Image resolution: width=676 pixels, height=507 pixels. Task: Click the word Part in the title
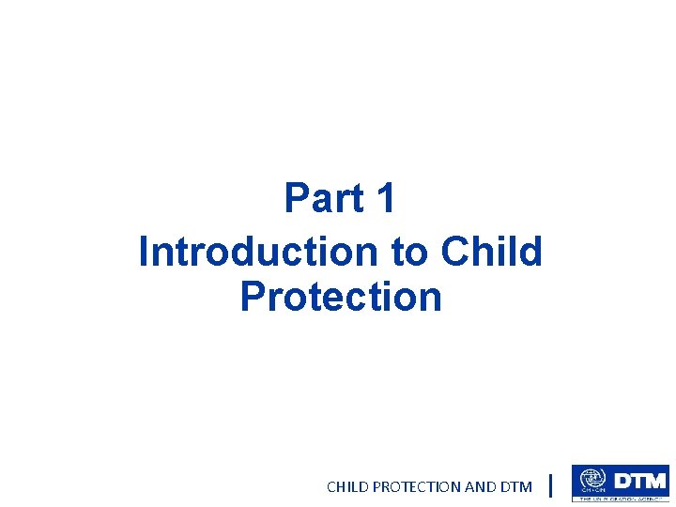point(325,199)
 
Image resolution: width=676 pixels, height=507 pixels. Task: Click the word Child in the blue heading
point(491,251)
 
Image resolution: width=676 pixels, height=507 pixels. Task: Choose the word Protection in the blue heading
point(340,297)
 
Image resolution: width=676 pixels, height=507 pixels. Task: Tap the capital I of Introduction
point(144,251)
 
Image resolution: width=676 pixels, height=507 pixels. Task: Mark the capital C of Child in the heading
point(456,251)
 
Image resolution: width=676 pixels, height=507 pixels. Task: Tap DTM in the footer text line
point(516,486)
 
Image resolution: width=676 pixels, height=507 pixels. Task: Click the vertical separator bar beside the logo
point(550,485)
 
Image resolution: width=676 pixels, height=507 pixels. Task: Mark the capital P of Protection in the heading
point(252,297)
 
